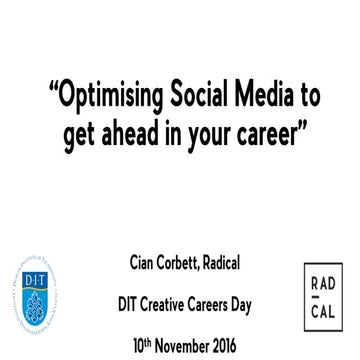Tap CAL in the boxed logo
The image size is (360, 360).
[321, 308]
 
